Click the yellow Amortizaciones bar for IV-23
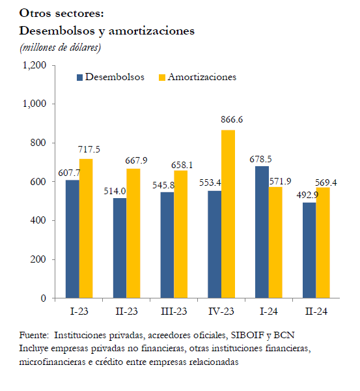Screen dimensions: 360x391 pos(228,214)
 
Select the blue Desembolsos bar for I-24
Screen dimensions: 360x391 pos(262,232)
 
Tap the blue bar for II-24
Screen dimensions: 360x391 pos(309,250)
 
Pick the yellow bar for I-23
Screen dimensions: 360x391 pos(86,229)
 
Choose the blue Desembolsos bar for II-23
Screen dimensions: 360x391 pos(120,248)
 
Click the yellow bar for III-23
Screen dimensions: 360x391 pos(181,234)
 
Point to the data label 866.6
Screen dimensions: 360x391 pos(232,119)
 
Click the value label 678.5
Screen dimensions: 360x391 pos(260,159)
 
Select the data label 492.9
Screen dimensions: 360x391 pos(307,195)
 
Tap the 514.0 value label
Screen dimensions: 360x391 pos(115,191)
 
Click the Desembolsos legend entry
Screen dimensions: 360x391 pos(111,77)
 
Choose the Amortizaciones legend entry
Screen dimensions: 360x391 pos(197,77)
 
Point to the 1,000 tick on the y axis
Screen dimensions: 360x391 pos(35,104)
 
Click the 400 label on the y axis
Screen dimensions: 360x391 pos(38,220)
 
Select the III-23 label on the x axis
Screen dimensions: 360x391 pos(174,311)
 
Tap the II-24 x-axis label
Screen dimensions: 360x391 pos(316,311)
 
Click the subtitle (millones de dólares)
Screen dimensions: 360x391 pos(61,48)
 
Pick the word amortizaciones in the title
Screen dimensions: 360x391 pos(152,31)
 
